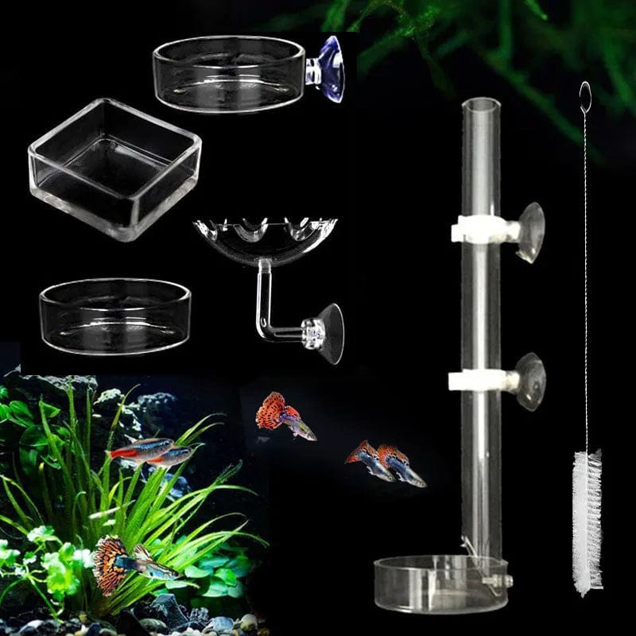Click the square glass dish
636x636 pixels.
(114, 168)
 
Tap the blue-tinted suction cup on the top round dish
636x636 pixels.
(328, 70)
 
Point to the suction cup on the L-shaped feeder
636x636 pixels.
(328, 332)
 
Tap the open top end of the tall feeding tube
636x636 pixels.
(482, 103)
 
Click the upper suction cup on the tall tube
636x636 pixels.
(529, 231)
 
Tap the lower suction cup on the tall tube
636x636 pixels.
(529, 382)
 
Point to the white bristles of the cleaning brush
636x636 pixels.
(588, 521)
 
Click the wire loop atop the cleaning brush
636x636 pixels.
(585, 97)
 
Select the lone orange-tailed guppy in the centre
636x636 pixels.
(285, 416)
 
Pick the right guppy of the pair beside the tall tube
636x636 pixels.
(401, 464)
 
